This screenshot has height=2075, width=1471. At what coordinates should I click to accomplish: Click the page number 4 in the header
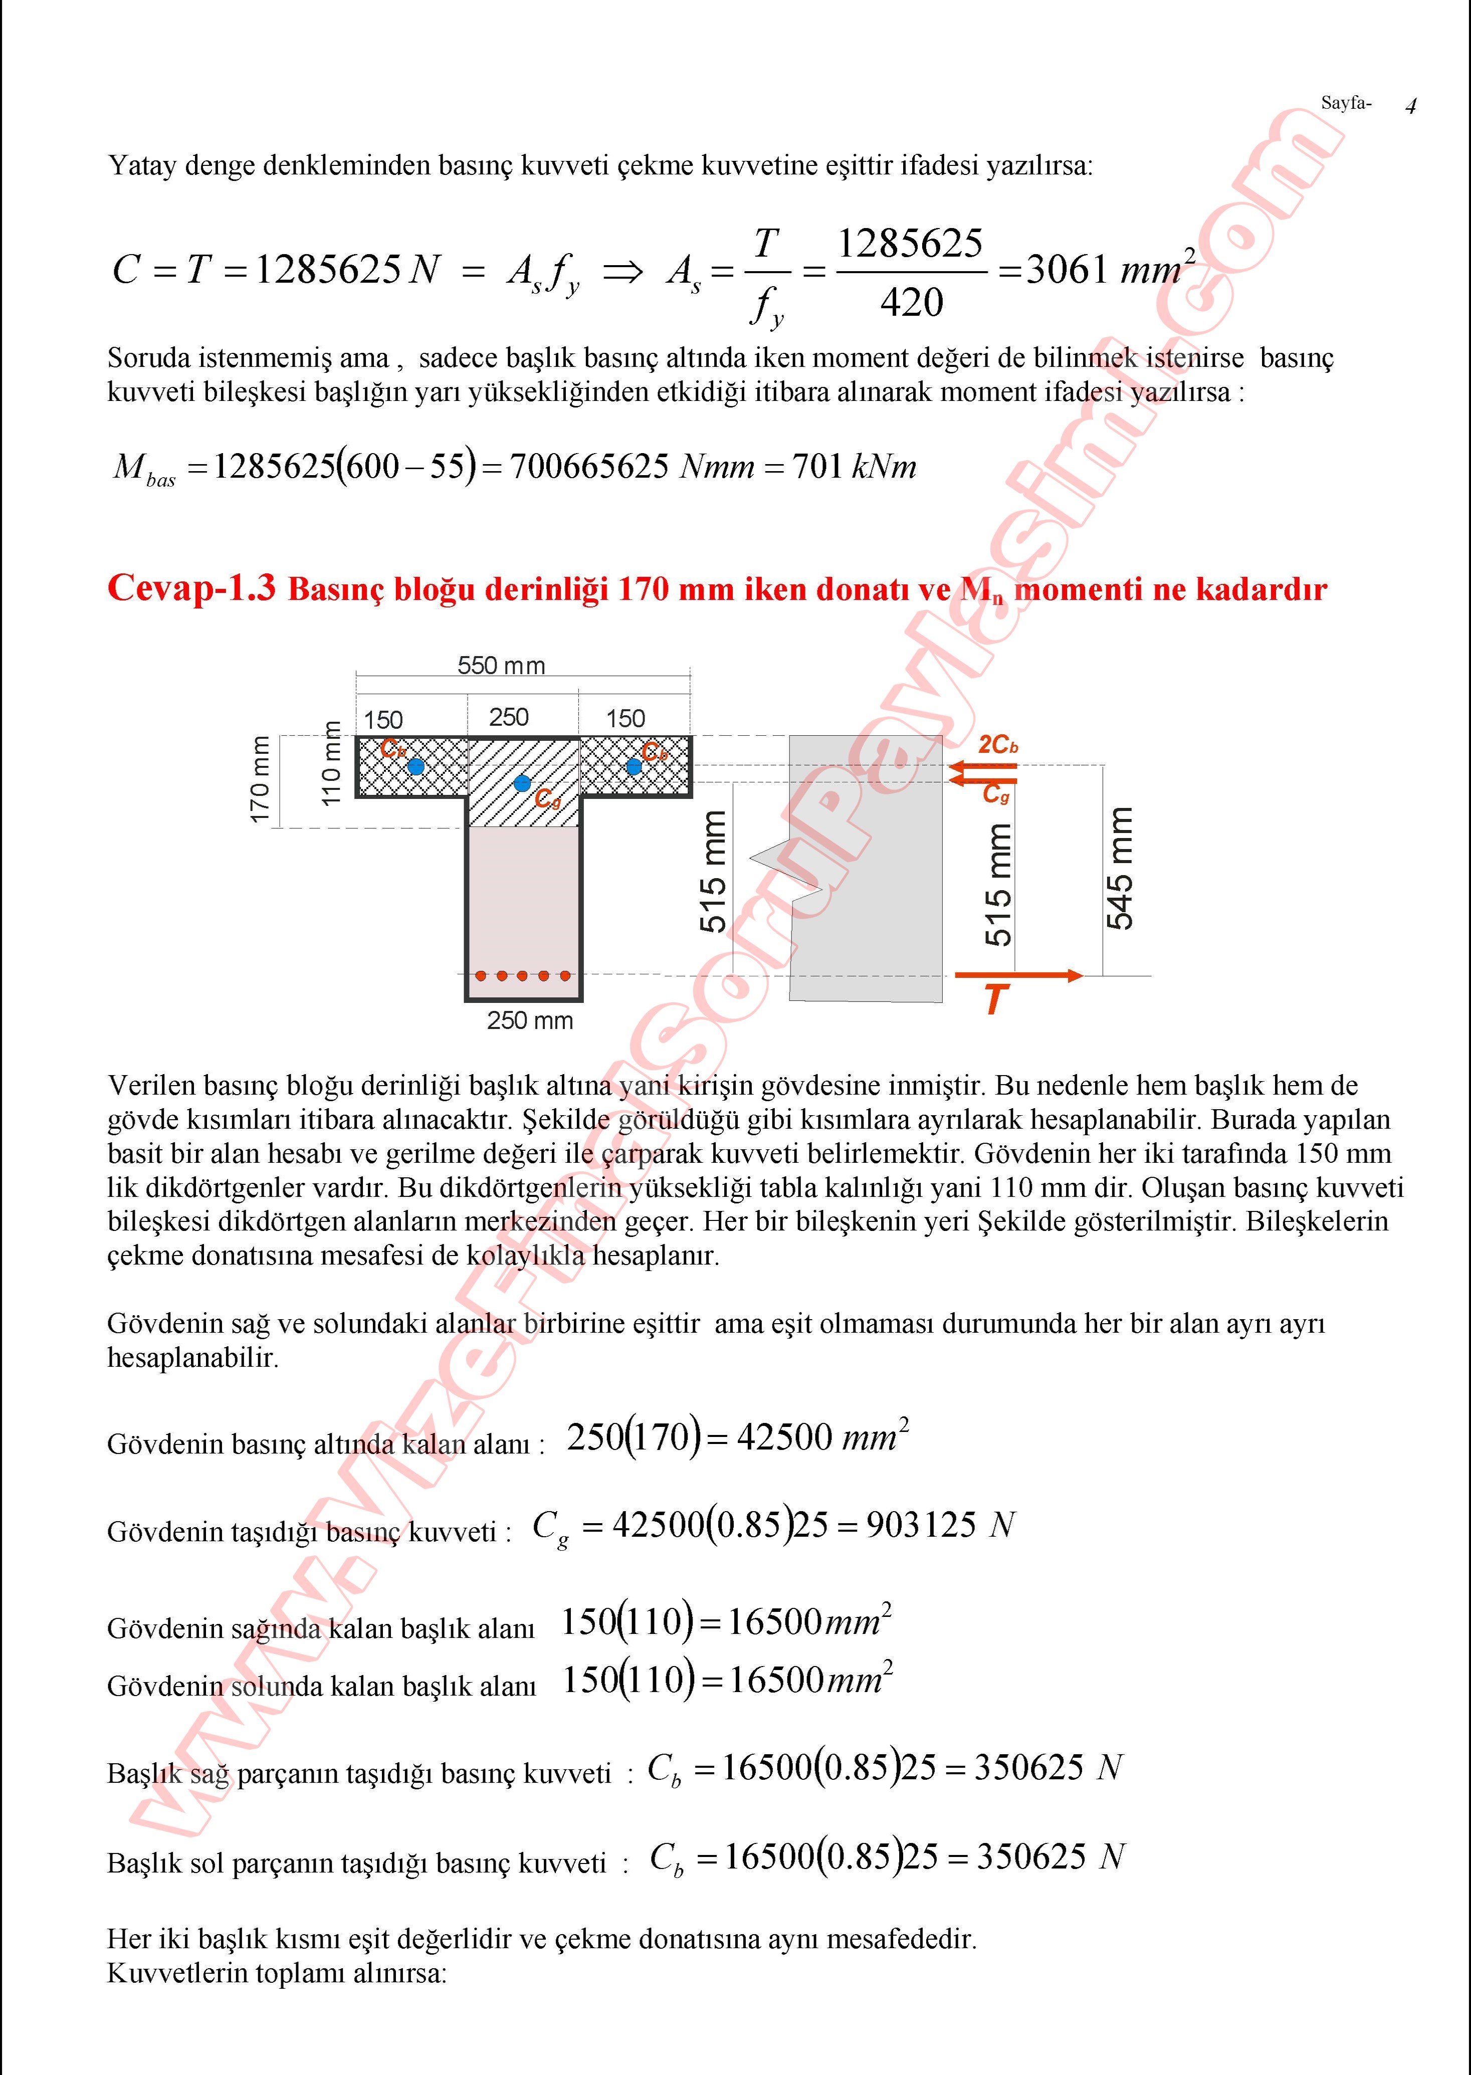tap(1410, 106)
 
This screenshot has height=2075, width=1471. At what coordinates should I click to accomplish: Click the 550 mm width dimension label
tap(501, 666)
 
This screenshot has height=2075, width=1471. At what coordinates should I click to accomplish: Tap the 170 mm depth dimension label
tap(260, 779)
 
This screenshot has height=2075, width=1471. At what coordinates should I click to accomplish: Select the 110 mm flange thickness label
tap(331, 763)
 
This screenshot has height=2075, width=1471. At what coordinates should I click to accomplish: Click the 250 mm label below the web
tap(530, 1021)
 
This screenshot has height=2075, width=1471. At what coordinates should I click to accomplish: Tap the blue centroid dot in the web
tap(522, 782)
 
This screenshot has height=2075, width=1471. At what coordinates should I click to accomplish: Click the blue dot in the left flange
tap(416, 766)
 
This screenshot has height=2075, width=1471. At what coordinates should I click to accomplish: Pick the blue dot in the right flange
tap(634, 766)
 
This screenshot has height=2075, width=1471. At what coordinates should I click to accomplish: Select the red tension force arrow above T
tap(1019, 975)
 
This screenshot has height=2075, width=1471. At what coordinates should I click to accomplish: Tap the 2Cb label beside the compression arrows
tap(998, 744)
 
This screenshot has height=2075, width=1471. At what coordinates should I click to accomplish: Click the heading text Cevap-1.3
tap(191, 589)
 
